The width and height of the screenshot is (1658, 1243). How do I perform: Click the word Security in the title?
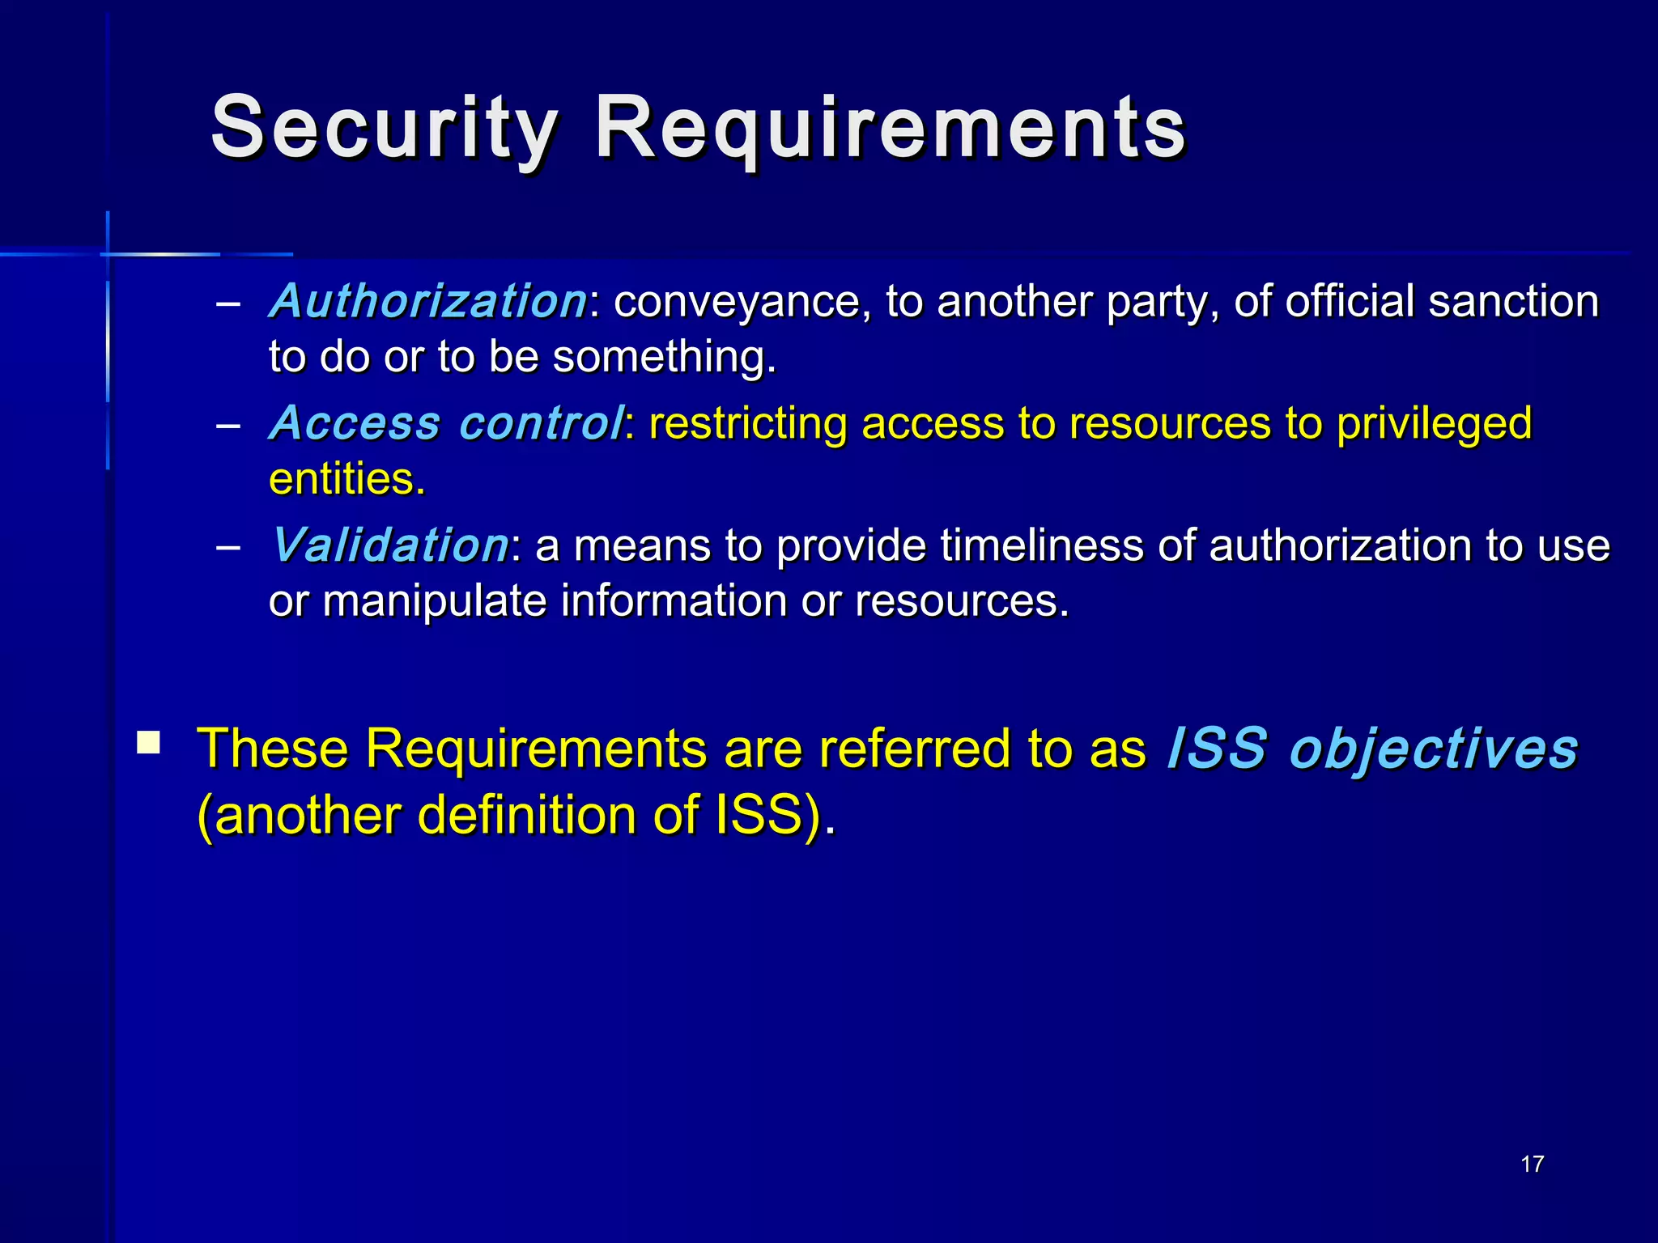pyautogui.click(x=384, y=128)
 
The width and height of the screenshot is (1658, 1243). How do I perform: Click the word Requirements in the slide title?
pyautogui.click(x=891, y=128)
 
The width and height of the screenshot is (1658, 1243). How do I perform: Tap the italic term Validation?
pyautogui.click(x=390, y=545)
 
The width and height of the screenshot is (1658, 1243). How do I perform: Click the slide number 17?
pyautogui.click(x=1532, y=1164)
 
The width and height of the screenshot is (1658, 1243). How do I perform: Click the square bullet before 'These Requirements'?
pyautogui.click(x=148, y=742)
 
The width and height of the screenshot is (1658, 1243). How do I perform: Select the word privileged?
pyautogui.click(x=1434, y=424)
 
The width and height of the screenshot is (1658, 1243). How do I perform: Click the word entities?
pyautogui.click(x=346, y=479)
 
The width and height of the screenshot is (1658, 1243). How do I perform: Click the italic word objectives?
pyautogui.click(x=1433, y=749)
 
